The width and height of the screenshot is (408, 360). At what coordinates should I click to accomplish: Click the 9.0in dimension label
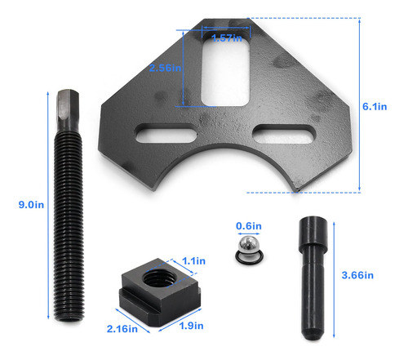coord(31,205)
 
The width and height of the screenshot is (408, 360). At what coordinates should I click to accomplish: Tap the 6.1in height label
coord(375,106)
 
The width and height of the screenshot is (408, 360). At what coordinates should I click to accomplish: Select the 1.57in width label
coord(227,38)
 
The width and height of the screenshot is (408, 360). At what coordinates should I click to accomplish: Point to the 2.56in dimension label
coord(165,68)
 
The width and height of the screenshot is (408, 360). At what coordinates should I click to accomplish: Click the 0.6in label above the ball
coord(249,226)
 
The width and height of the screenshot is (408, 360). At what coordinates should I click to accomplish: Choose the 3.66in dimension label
coord(357,275)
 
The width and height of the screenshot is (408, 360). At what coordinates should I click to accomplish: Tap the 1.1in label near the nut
coord(193,261)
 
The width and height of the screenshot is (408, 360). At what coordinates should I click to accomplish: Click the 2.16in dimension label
coord(122,329)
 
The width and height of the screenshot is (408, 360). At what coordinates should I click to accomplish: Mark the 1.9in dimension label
coord(191,326)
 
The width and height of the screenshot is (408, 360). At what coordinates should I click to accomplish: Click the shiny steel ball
coord(249,245)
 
